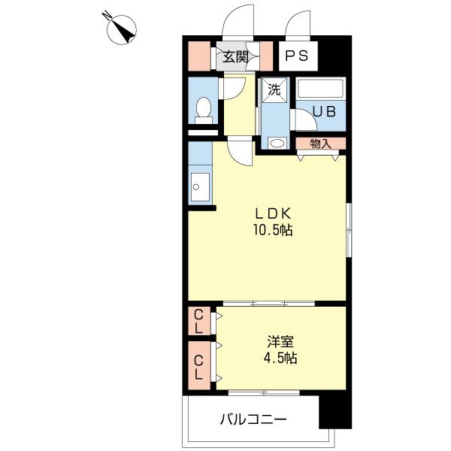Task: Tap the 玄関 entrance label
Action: point(235,56)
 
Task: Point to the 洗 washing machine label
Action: point(275,89)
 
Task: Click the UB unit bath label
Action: point(324,111)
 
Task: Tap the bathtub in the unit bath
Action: point(320,89)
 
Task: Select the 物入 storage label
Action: point(320,143)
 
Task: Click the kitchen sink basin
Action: point(199,186)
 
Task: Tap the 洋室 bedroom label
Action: point(275,340)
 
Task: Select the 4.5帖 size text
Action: point(275,358)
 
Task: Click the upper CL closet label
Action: point(198,321)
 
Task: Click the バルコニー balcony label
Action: point(253,419)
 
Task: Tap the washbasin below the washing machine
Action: point(277,142)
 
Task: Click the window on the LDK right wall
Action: point(348,229)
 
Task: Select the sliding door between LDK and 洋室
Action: point(271,303)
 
